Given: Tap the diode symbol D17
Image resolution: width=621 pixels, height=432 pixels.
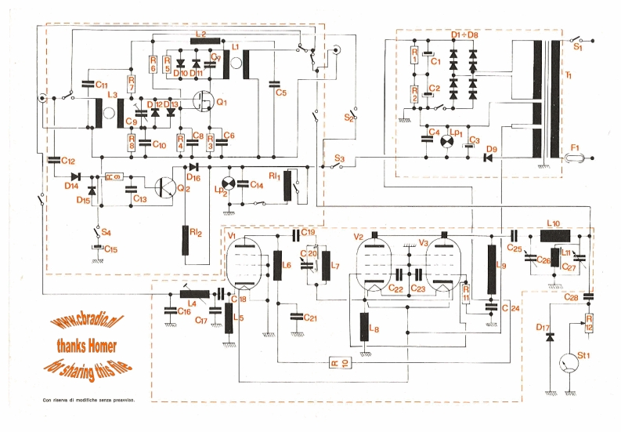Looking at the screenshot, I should coord(549,336).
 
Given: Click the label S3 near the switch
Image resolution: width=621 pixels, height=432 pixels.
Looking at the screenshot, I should coord(339,159).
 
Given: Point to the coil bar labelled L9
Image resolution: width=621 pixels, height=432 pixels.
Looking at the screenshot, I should coord(492,269).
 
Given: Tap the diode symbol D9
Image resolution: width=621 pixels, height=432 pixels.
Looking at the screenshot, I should coord(488,157).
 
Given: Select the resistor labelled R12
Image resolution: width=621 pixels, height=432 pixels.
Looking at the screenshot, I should coord(589,322).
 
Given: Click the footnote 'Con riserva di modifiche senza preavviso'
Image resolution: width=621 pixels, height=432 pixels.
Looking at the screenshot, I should coord(88,401).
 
